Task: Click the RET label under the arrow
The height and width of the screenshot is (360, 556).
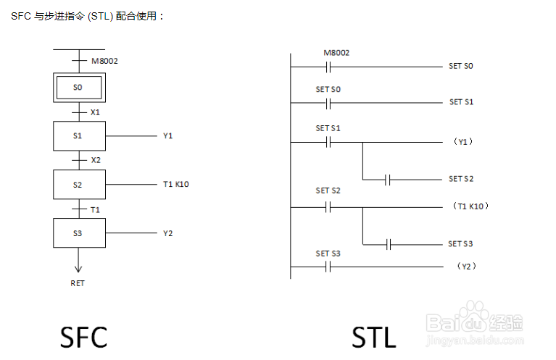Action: (x=78, y=283)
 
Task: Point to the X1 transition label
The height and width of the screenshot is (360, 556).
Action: (x=95, y=112)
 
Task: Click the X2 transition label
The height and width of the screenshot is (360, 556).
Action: (x=96, y=160)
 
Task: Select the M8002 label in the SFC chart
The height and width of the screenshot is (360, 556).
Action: (x=104, y=61)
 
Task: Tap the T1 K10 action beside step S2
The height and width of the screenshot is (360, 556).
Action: (x=176, y=184)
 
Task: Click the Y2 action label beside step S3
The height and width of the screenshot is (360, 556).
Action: (x=167, y=233)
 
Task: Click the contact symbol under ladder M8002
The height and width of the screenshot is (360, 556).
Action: (x=328, y=67)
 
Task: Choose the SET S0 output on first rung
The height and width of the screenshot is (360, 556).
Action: (x=460, y=66)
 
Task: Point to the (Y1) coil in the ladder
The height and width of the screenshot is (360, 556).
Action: (x=463, y=142)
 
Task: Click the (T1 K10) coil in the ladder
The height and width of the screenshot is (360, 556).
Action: (x=470, y=206)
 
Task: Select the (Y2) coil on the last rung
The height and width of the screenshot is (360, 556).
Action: (x=467, y=266)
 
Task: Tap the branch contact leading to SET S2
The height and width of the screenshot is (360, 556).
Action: (x=388, y=180)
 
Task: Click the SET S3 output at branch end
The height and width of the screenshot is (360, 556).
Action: (x=460, y=244)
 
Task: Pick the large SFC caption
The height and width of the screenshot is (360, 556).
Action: (x=83, y=337)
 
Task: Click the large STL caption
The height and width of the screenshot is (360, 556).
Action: (x=374, y=337)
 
